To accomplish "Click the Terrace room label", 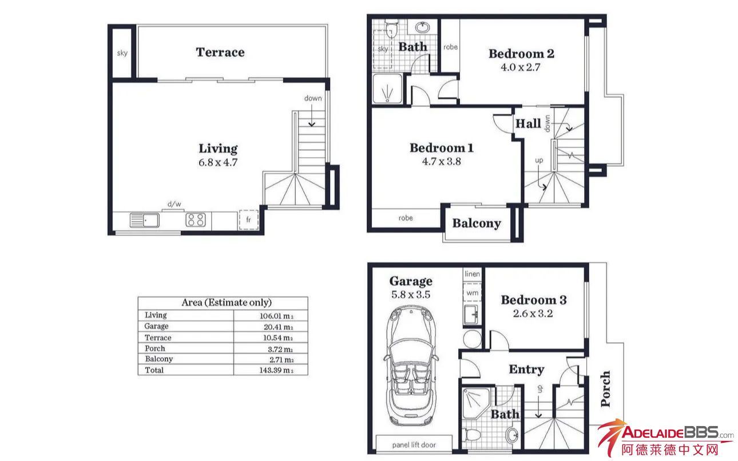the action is click(220, 53).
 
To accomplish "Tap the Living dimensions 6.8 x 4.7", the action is click(218, 162).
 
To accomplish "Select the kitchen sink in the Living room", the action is click(145, 220).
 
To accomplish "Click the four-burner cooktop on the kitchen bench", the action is click(196, 220).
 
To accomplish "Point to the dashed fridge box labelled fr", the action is click(248, 219).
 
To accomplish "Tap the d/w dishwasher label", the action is click(174, 204).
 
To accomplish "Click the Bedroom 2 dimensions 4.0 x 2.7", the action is click(521, 67).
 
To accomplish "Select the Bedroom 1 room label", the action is click(442, 148).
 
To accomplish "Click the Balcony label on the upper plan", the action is click(477, 223).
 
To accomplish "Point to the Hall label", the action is click(528, 124).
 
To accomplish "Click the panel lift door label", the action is click(414, 445).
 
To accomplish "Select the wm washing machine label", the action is click(473, 292).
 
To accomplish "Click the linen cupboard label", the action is click(473, 274).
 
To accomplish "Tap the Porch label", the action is click(605, 388).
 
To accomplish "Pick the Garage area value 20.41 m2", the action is click(278, 327).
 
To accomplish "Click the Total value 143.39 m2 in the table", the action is click(276, 370).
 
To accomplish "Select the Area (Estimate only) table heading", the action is click(227, 302).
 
